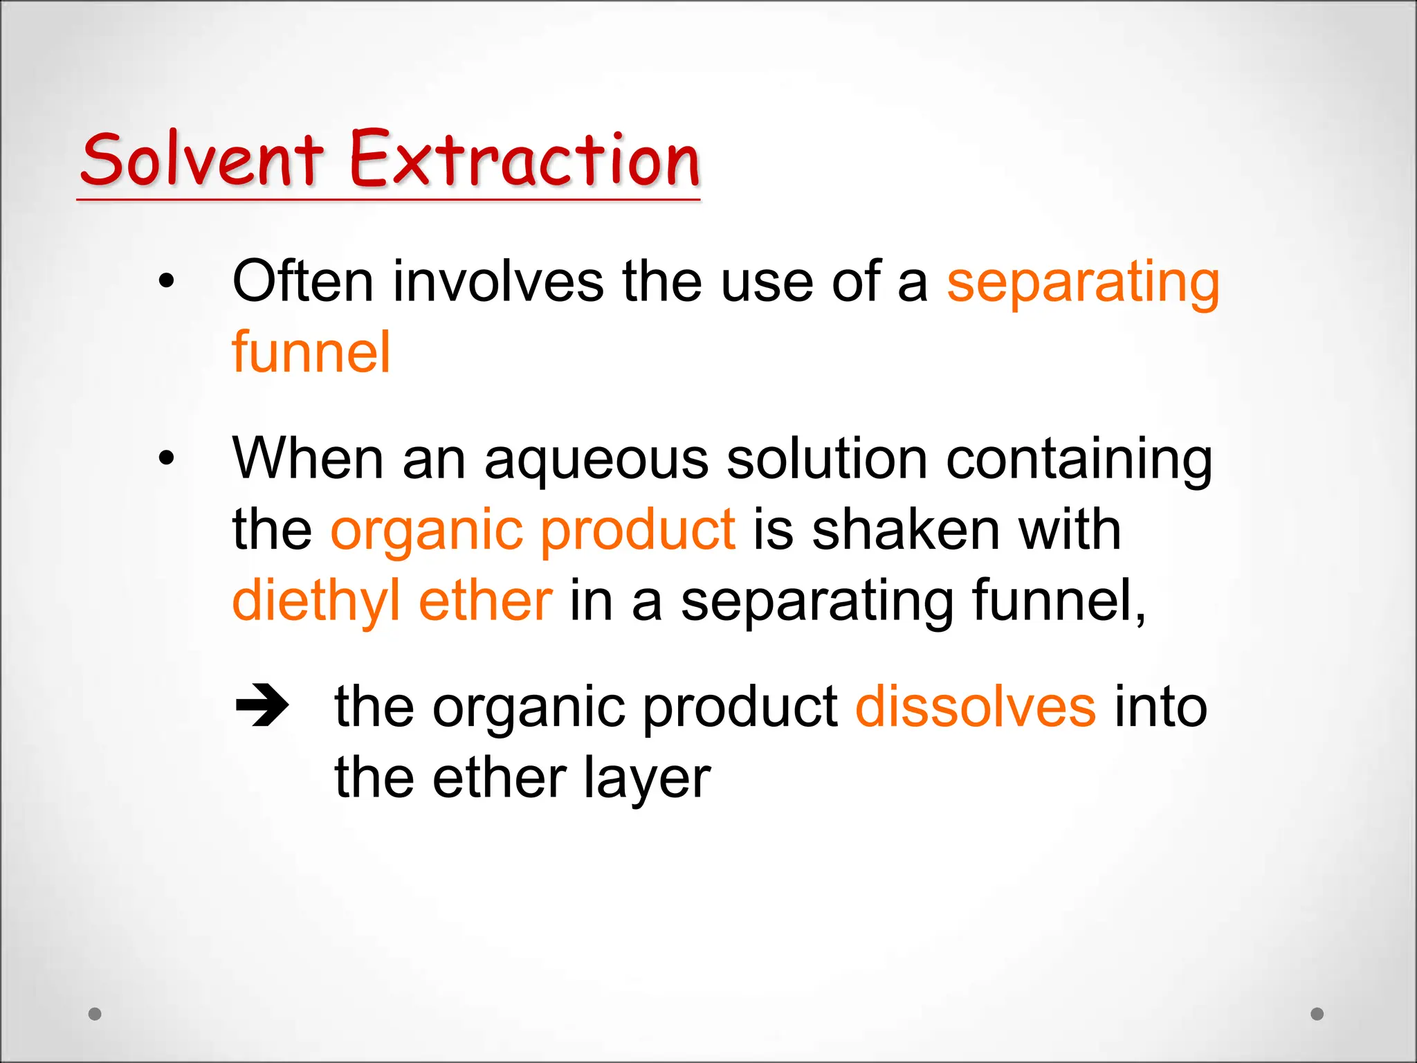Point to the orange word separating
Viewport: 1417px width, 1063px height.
point(1083,284)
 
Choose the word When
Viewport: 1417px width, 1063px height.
point(307,458)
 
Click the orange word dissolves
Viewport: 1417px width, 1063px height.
point(976,707)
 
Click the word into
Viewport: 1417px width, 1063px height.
point(1160,707)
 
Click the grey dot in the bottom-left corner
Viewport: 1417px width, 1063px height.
point(95,1014)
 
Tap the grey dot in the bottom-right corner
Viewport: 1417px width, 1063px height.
point(1317,1014)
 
